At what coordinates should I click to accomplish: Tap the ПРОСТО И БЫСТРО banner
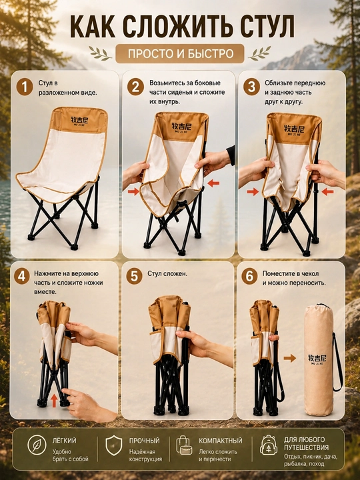coord(180,53)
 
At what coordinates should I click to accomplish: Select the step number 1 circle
coord(25,87)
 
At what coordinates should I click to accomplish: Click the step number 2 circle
coord(135,87)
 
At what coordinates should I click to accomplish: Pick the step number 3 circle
coord(251,87)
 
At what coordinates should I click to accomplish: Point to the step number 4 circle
coord(21,277)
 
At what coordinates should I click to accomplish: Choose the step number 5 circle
coord(134,277)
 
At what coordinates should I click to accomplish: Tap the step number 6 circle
coord(249,277)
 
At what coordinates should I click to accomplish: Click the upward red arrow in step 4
coord(54,401)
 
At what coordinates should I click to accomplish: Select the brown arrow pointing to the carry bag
coord(289,358)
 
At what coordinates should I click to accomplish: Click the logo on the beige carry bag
coord(317,359)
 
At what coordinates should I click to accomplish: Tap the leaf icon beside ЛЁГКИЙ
coord(37,445)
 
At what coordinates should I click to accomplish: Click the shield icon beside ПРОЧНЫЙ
coord(113,445)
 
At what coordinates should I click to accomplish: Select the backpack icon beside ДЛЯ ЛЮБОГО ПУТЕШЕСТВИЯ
coord(269,445)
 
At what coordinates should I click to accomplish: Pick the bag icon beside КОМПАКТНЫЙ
coord(184,445)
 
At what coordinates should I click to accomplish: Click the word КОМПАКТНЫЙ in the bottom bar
coord(221,441)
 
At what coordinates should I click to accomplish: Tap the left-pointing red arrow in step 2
coord(213,183)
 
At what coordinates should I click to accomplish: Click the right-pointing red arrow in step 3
coord(253,192)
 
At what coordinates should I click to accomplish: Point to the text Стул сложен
coord(167,274)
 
